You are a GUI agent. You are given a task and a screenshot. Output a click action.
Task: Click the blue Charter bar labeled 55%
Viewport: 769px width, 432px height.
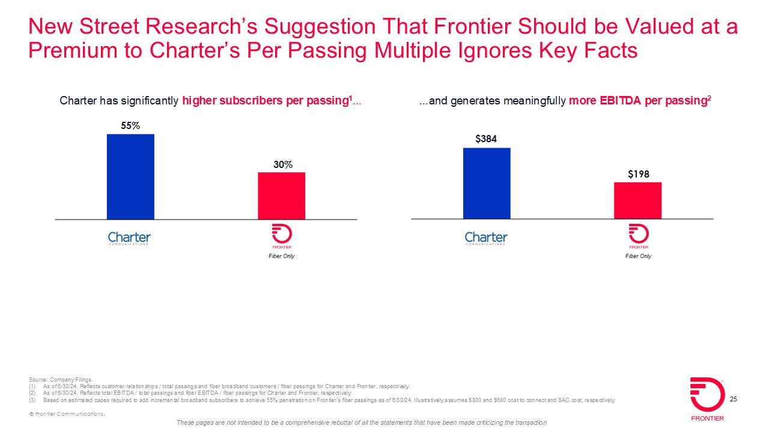pyautogui.click(x=130, y=176)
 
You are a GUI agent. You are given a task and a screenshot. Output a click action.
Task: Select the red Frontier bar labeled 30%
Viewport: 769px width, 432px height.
pyautogui.click(x=281, y=196)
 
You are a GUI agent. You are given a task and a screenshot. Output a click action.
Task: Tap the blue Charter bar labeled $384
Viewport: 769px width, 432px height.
pyautogui.click(x=487, y=183)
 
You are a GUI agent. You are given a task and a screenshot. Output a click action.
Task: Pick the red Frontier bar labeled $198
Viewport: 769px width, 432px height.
pyautogui.click(x=637, y=200)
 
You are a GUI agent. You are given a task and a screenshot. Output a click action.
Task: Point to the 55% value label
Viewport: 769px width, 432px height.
pyautogui.click(x=130, y=126)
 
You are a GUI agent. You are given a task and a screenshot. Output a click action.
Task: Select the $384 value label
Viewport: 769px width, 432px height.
pyautogui.click(x=487, y=139)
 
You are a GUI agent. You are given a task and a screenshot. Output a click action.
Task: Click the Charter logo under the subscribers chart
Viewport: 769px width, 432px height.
pyautogui.click(x=129, y=238)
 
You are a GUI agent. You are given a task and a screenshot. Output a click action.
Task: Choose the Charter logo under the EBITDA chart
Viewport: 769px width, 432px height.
pyautogui.click(x=486, y=238)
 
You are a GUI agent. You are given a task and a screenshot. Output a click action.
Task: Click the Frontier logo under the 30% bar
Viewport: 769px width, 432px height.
pyautogui.click(x=281, y=236)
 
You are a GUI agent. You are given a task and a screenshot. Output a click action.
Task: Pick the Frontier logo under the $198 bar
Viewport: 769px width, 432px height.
pyautogui.click(x=637, y=236)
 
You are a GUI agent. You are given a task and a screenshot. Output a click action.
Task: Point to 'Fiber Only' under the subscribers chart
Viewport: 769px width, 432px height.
pyautogui.click(x=281, y=256)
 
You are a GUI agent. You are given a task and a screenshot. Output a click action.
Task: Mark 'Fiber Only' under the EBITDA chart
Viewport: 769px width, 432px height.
pyautogui.click(x=638, y=256)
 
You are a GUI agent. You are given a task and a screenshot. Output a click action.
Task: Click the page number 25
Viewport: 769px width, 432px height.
pyautogui.click(x=733, y=399)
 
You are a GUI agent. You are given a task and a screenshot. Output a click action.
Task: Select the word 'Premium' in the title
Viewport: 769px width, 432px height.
pyautogui.click(x=68, y=50)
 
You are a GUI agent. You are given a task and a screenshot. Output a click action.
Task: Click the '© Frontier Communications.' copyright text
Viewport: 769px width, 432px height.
pyautogui.click(x=67, y=415)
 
